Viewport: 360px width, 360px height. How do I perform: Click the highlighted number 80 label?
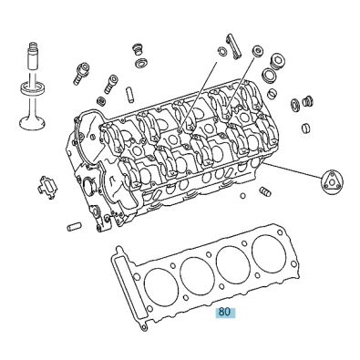point(224,312)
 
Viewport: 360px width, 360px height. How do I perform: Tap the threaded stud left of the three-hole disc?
point(266,193)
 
